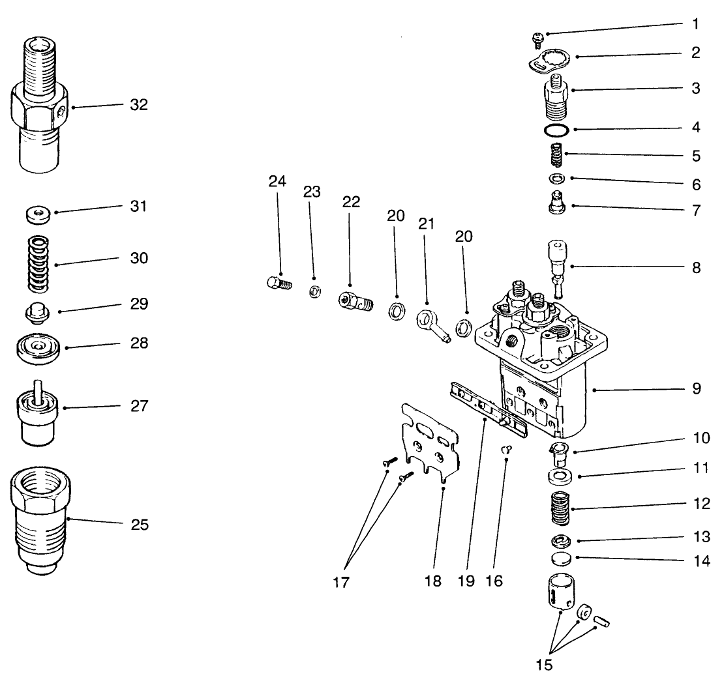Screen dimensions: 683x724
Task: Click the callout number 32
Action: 138,104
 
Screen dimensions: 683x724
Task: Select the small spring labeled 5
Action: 555,157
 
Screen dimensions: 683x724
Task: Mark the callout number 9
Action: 696,389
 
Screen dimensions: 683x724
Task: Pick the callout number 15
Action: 544,665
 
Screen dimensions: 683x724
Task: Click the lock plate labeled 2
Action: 548,62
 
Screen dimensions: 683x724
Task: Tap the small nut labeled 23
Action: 314,291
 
